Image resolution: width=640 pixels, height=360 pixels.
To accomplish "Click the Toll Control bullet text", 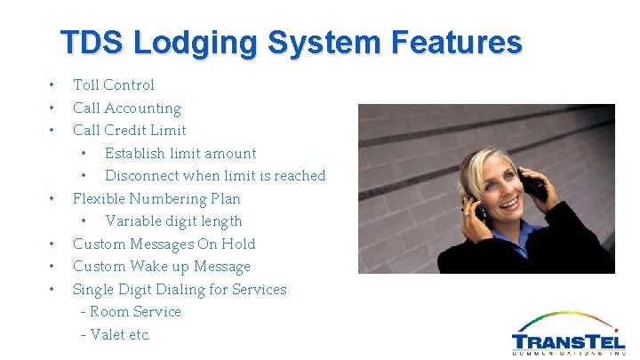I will [113, 85].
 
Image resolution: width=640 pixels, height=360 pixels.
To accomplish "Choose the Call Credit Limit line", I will [129, 131].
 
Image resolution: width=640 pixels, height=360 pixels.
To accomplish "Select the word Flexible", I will [100, 198].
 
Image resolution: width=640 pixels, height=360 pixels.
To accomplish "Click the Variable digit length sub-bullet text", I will [173, 221].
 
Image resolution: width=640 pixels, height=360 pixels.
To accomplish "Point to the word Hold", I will [238, 244].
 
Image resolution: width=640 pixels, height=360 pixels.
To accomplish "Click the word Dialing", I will [184, 289].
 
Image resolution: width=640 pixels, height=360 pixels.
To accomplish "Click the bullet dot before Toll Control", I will [52, 85].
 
